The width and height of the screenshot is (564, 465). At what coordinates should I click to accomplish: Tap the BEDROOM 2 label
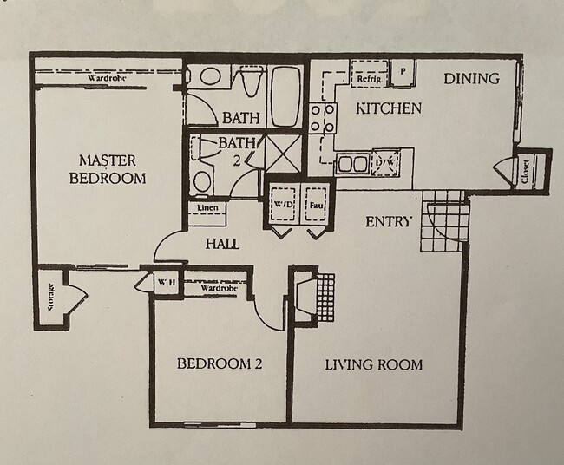pyautogui.click(x=219, y=364)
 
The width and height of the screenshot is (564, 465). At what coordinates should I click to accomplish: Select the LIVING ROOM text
pyautogui.click(x=373, y=364)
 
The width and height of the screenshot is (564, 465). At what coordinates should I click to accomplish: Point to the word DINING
pyautogui.click(x=471, y=79)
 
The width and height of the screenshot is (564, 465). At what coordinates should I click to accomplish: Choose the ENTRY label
pyautogui.click(x=388, y=222)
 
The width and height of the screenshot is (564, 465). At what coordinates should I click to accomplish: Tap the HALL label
pyautogui.click(x=222, y=245)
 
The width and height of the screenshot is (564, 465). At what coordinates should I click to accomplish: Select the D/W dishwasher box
pyautogui.click(x=384, y=162)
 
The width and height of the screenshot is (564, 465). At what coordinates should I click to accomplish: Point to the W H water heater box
pyautogui.click(x=167, y=282)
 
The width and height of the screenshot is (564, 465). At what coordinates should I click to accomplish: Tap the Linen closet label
pyautogui.click(x=207, y=209)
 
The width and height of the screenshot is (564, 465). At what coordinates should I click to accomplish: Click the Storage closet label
pyautogui.click(x=50, y=298)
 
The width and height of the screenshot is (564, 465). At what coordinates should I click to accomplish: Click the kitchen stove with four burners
pyautogui.click(x=323, y=118)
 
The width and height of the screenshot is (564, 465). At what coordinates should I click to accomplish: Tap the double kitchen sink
pyautogui.click(x=351, y=162)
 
